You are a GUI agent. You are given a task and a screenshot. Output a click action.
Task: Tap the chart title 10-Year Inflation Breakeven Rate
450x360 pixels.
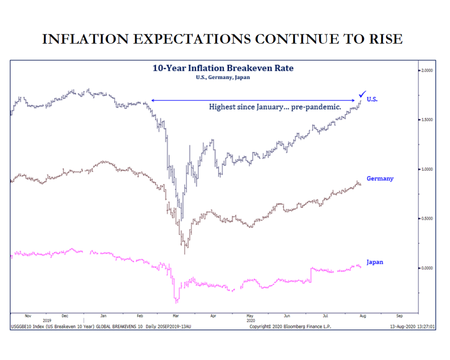[223, 68]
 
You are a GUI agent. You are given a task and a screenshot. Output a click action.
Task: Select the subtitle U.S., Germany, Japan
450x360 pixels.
[223, 77]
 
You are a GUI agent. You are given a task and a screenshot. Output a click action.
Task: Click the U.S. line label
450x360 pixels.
[372, 100]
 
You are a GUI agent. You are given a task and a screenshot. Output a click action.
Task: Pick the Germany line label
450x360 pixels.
[380, 179]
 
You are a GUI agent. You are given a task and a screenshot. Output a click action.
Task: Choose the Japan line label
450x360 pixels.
[374, 262]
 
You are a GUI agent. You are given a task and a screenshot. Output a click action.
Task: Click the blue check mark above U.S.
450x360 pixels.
[362, 94]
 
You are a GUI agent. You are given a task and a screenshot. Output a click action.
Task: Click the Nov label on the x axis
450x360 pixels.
[28, 316]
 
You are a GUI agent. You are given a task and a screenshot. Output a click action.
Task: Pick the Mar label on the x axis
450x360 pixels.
[175, 316]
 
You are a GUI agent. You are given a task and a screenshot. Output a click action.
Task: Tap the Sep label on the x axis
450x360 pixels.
[399, 316]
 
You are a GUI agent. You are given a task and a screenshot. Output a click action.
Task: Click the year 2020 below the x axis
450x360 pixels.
[250, 321]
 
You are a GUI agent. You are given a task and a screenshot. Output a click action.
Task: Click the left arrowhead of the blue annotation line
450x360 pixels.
[152, 100]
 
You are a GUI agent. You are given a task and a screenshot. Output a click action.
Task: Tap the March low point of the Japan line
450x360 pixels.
[177, 302]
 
